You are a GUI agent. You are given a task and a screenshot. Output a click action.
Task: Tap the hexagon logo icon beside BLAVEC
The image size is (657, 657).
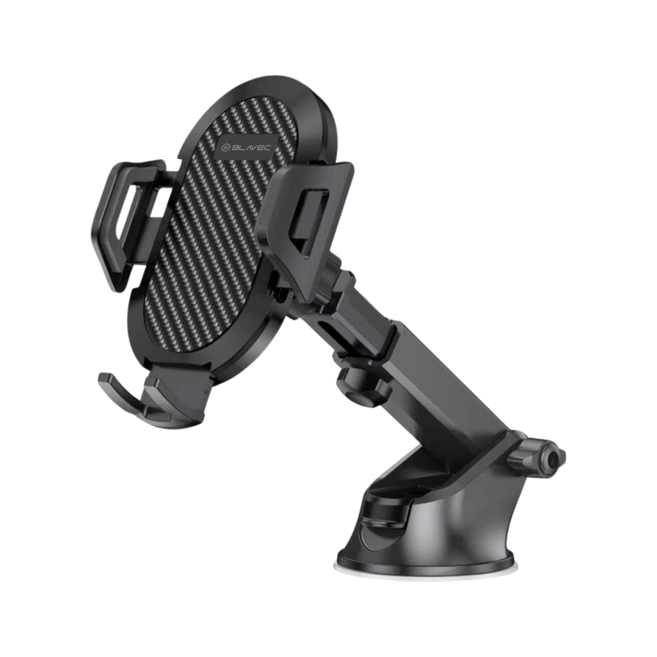click(225, 148)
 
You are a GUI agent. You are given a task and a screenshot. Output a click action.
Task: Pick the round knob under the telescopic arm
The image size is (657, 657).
click(361, 388)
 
